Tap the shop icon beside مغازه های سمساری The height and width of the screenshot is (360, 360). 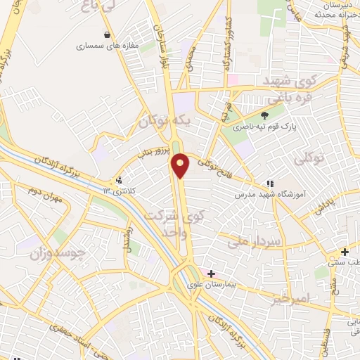[x=106, y=34]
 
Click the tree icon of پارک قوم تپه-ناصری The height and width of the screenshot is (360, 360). [x=264, y=115]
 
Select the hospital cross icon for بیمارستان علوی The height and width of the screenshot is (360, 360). [x=211, y=273]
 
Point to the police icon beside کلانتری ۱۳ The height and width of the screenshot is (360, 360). [x=120, y=179]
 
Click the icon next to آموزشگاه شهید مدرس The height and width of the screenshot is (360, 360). [x=271, y=184]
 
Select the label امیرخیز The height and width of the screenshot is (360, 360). [x=289, y=299]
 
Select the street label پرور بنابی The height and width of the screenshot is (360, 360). [x=150, y=154]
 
